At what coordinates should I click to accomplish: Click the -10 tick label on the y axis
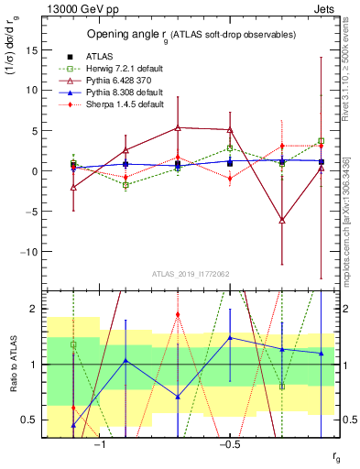tap(30, 251)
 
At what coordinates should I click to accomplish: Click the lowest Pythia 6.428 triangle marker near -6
tap(281, 220)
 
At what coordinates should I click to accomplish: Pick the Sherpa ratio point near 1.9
tap(178, 314)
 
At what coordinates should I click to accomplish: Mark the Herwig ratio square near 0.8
tap(281, 387)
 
